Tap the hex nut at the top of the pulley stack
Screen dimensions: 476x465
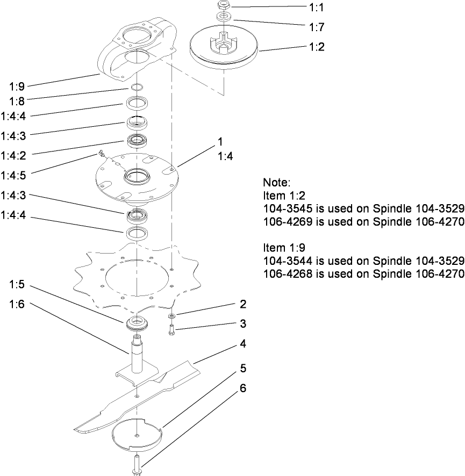223,5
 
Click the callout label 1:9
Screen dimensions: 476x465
17,85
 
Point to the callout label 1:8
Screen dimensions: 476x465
17,100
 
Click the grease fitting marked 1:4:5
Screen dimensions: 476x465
101,155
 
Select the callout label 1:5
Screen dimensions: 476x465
17,285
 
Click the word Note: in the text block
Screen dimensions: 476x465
276,182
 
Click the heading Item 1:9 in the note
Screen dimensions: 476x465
282,248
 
